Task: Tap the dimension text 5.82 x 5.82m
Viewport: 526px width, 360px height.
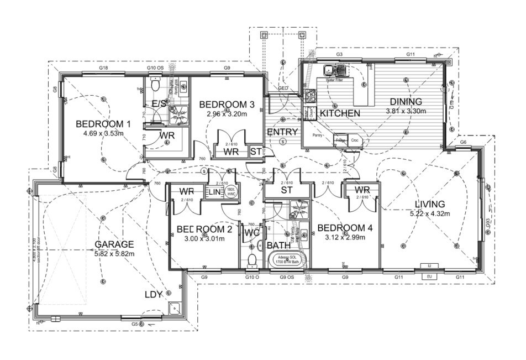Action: (x=114, y=253)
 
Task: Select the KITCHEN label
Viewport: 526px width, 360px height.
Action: (x=340, y=113)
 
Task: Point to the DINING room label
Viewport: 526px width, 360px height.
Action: (x=406, y=102)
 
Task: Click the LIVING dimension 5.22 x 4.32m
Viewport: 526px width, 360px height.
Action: (x=430, y=214)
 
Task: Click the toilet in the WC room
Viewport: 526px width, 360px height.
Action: (x=252, y=259)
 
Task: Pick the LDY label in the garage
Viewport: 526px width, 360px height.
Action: (x=153, y=295)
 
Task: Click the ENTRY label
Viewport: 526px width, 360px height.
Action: (x=282, y=132)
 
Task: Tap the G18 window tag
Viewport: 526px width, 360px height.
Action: (x=103, y=67)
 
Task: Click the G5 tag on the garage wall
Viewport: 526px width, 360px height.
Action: (x=135, y=324)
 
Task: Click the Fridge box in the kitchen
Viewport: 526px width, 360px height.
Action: (x=340, y=140)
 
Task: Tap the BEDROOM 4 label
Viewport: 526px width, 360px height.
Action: (x=341, y=228)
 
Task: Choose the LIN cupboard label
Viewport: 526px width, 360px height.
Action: (x=214, y=192)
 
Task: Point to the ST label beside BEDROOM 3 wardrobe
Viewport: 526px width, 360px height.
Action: (x=255, y=150)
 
